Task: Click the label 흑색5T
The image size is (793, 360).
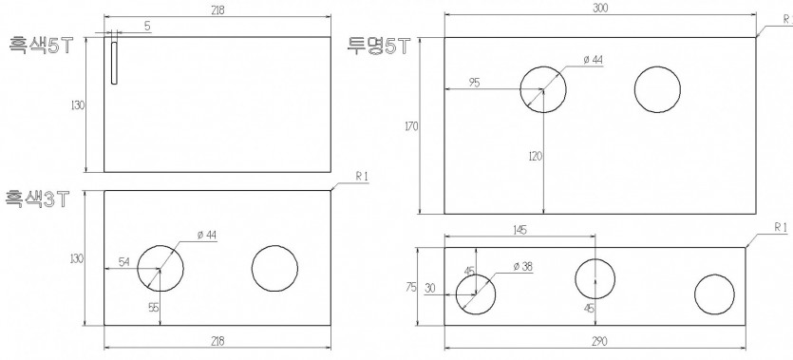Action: point(42,46)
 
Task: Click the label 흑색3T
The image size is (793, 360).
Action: point(37,199)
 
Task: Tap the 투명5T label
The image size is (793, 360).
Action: point(377,46)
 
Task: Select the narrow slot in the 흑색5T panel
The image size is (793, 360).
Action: point(114,63)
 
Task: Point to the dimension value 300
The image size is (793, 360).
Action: point(600,8)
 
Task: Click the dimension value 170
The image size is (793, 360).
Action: point(411,126)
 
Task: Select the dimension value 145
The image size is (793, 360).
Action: point(519,230)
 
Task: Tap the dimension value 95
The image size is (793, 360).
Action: point(474,83)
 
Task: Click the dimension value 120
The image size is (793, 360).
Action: point(535,156)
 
